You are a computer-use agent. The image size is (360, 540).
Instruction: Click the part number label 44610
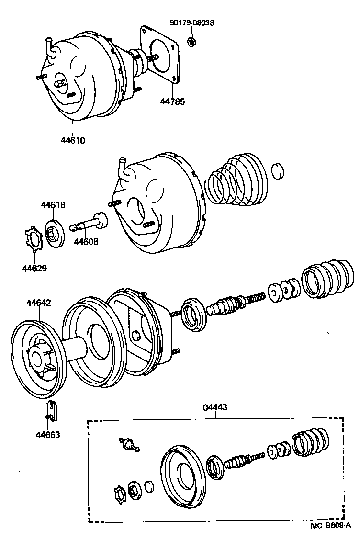(73, 141)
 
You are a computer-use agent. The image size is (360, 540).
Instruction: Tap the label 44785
(172, 101)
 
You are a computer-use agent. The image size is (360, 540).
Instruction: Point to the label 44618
(53, 205)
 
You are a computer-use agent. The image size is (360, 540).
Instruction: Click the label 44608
(86, 242)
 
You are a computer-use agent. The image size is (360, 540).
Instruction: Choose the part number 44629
(34, 268)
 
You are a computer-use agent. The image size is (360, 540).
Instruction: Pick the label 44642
(39, 303)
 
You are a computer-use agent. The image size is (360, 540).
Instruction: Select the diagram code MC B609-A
(330, 526)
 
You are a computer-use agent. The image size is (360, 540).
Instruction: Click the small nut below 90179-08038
(191, 42)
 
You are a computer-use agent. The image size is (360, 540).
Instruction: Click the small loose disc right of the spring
(278, 171)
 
